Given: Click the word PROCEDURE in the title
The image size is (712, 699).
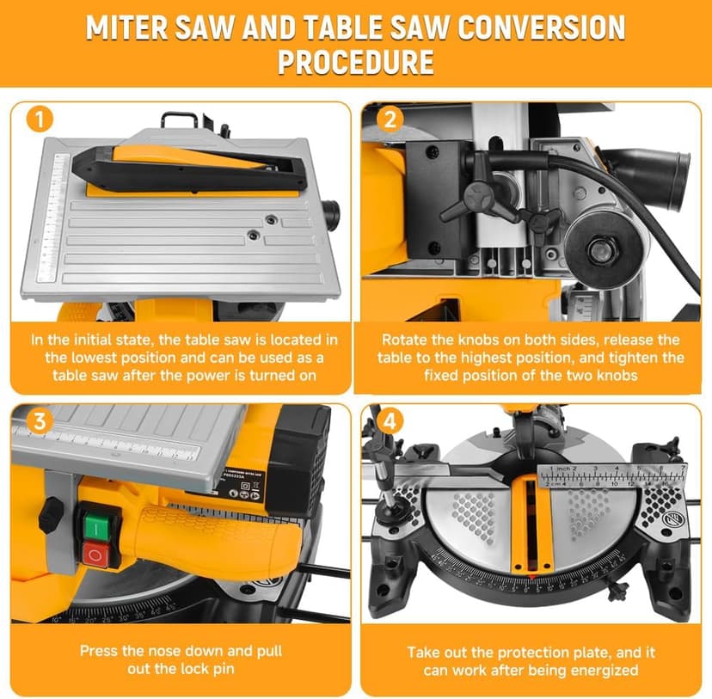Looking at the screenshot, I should pyautogui.click(x=355, y=63).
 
